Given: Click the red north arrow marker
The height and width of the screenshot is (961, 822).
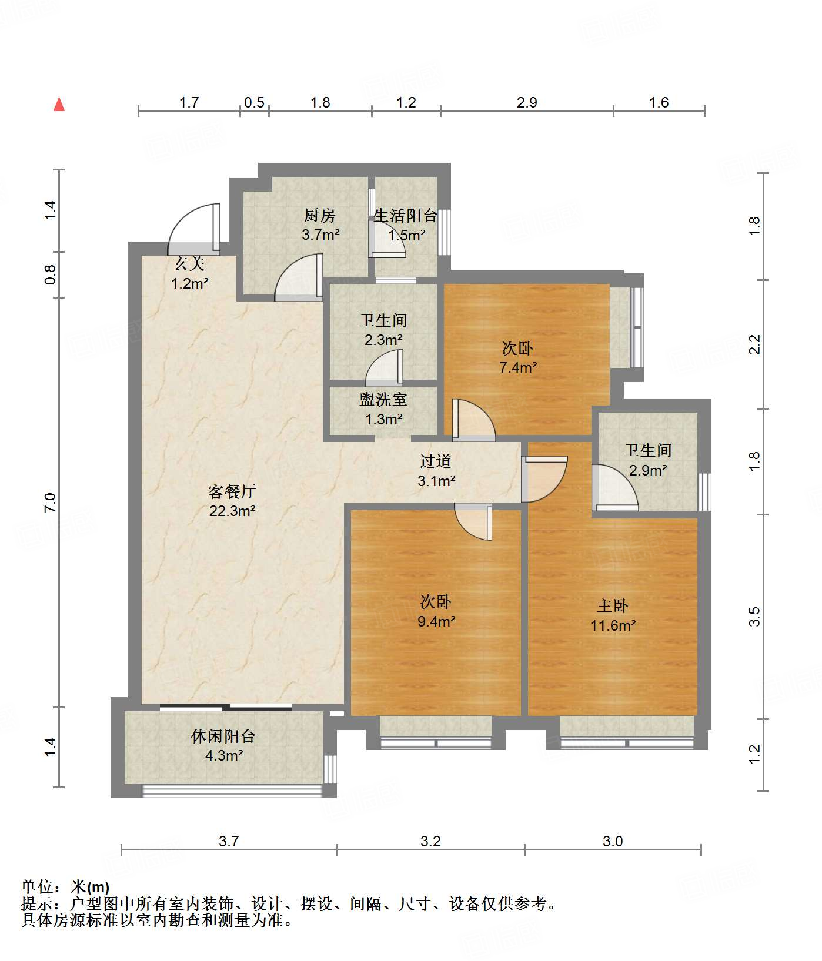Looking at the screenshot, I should coord(59,105).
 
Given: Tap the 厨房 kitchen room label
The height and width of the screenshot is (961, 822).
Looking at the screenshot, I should coord(320,216).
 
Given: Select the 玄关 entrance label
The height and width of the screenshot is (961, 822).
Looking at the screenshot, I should coord(189,264).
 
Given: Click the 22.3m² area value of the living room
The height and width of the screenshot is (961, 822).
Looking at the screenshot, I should coord(232,511).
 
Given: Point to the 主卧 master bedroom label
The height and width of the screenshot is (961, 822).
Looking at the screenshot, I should coord(613,605).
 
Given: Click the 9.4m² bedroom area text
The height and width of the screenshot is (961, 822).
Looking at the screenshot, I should coord(436,621).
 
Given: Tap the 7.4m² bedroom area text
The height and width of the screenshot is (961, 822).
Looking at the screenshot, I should coord(518,368).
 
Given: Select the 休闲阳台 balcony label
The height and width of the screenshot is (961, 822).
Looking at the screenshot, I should coord(223,736).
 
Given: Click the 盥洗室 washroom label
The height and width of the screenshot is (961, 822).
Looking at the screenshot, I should coord(383,400).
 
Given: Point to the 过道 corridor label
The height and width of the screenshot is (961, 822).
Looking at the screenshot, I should coord(436,461).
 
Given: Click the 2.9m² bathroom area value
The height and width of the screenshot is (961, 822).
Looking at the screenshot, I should coord(647,470).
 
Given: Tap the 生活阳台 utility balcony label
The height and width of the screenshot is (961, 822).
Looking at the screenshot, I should coord(406,216).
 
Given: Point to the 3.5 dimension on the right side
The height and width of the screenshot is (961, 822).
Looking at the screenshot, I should coord(755,617).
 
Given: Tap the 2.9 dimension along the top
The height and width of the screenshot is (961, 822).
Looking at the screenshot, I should coord(527,103).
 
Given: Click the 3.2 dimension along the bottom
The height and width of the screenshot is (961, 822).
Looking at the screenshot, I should coord(430,842).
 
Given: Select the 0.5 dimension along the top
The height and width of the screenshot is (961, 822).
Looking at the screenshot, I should coord(254,103).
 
